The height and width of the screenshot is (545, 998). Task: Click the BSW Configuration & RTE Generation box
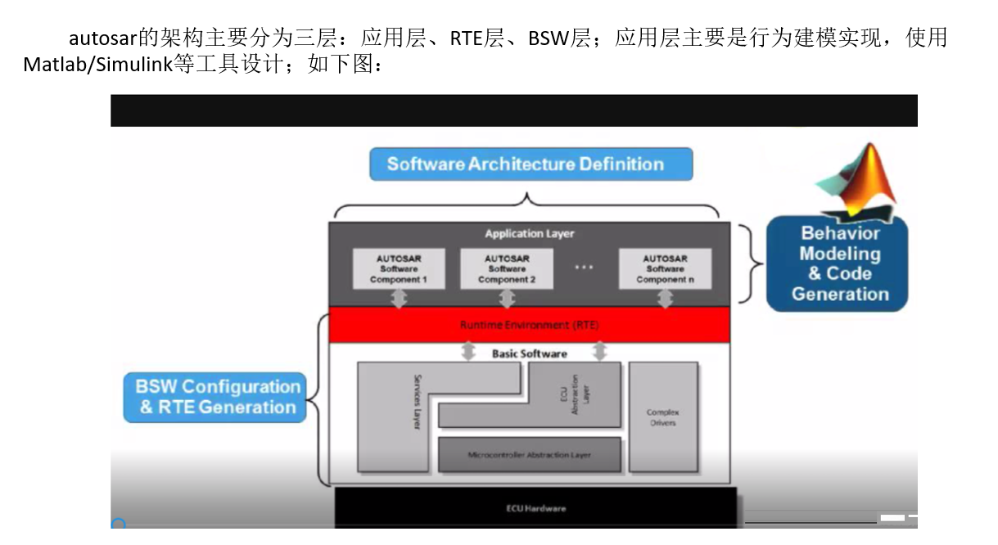click(215, 397)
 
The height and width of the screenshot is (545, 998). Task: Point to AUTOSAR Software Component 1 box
click(399, 268)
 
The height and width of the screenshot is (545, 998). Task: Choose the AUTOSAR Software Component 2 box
click(507, 268)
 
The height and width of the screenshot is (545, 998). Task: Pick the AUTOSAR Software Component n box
click(665, 268)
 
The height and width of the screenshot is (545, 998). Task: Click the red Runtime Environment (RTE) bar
click(529, 325)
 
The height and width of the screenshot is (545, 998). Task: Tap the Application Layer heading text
click(529, 234)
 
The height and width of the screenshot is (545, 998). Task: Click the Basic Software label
click(529, 354)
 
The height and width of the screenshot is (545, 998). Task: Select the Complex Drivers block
click(663, 417)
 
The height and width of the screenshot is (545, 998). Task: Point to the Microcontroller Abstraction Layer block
click(529, 455)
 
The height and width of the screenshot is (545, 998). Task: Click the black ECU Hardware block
click(535, 507)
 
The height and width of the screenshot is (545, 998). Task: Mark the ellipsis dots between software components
click(584, 268)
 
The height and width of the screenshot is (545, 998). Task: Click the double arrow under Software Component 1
click(399, 299)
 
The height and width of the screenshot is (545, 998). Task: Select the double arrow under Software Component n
click(665, 299)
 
